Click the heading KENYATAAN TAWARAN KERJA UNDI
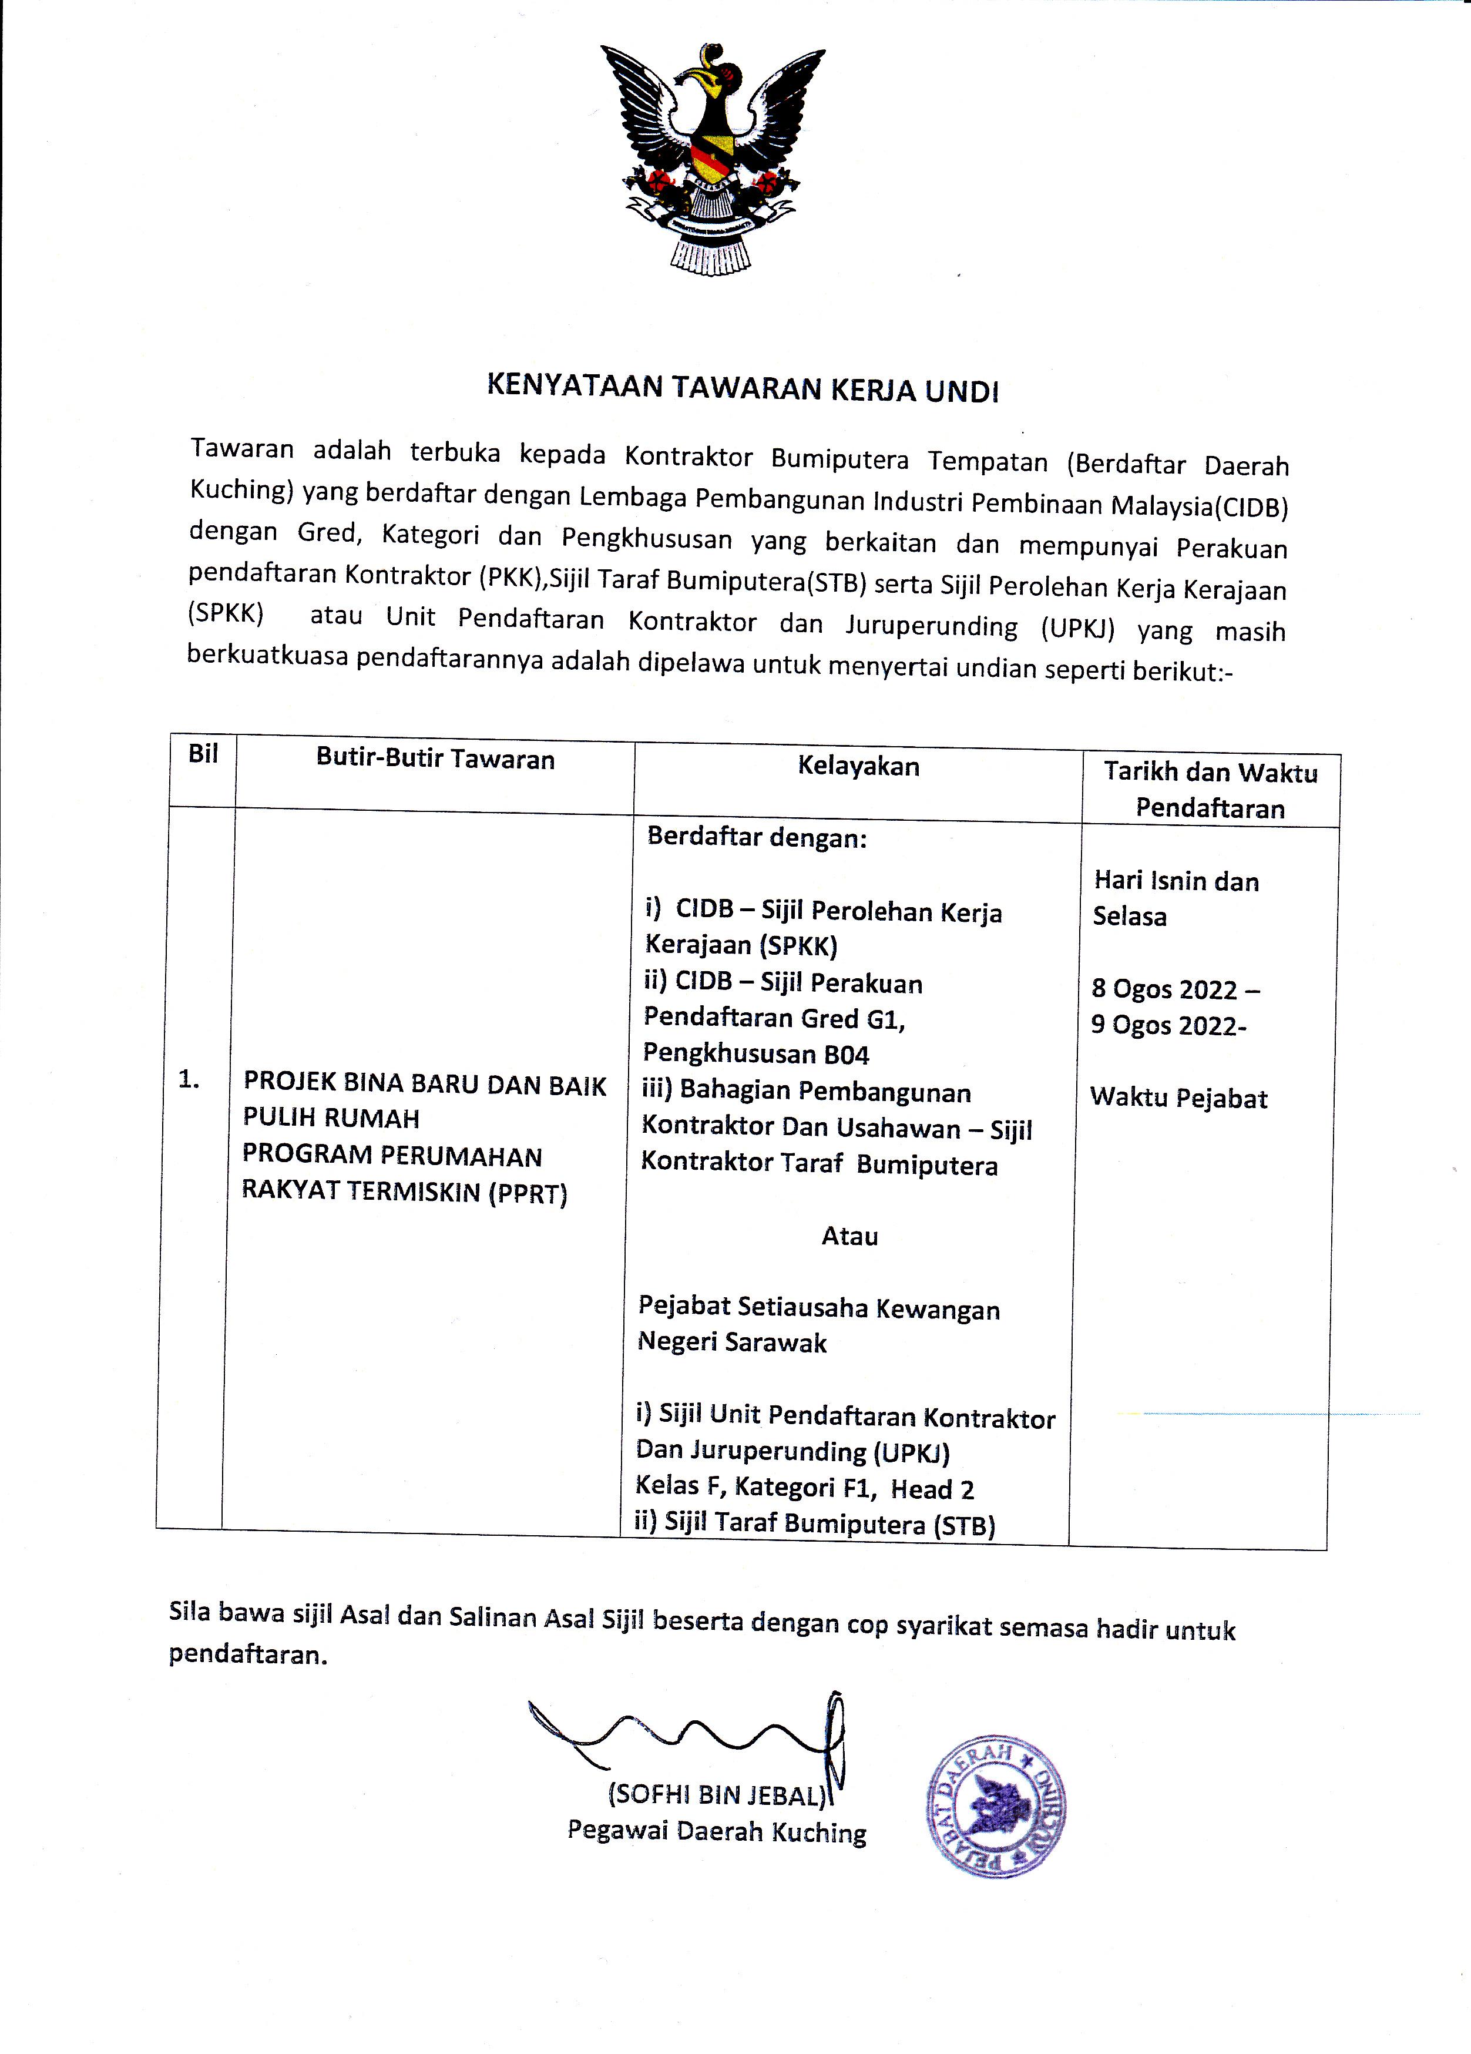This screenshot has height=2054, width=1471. click(743, 388)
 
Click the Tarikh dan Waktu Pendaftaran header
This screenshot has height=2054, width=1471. click(1210, 790)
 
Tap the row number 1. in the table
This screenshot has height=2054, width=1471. click(189, 1079)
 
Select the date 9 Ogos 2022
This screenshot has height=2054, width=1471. click(1166, 1025)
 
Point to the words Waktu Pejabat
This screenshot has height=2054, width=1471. click(1178, 1099)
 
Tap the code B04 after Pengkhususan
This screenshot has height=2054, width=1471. click(849, 1055)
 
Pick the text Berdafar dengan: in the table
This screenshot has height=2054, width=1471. click(756, 838)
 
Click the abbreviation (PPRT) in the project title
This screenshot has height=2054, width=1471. click(528, 1194)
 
